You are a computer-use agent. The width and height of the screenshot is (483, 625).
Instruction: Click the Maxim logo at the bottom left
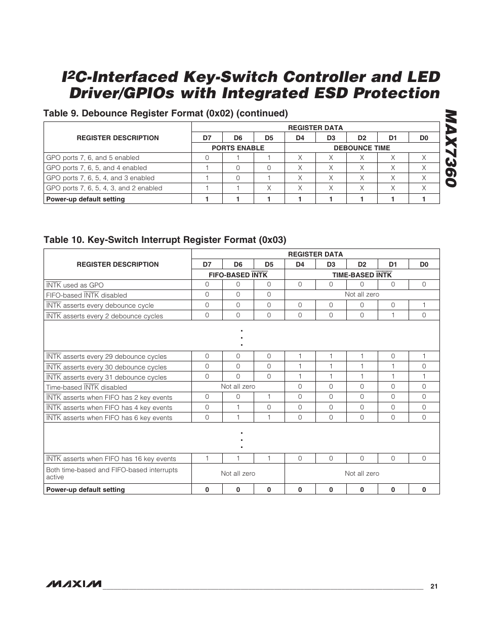pos(73,584)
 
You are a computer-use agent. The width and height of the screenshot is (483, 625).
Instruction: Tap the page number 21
pos(433,586)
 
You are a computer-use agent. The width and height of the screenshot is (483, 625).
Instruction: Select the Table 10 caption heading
pos(165,239)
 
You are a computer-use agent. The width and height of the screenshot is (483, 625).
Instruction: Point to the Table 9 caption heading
pos(166,113)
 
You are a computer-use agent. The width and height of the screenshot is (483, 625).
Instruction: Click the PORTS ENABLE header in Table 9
pos(238,148)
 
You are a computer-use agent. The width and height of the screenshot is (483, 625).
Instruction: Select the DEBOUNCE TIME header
pos(361,148)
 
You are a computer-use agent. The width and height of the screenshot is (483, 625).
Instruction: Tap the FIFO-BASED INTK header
pos(238,275)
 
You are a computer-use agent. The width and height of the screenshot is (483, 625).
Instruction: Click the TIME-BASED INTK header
pos(361,275)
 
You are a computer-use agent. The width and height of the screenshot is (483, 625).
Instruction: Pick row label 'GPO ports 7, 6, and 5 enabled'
pos(93,158)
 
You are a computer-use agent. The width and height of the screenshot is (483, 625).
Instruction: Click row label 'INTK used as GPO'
pos(75,285)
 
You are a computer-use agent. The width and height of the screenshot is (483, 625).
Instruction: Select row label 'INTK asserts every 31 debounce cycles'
pos(106,377)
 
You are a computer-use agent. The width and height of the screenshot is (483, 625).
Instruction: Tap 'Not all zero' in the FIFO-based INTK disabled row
pos(361,295)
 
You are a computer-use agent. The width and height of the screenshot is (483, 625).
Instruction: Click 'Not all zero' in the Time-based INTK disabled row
pos(238,387)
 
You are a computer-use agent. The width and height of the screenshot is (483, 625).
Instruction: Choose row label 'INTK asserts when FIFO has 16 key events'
pos(111,459)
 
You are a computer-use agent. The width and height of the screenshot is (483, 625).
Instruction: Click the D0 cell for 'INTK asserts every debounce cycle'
pos(424,305)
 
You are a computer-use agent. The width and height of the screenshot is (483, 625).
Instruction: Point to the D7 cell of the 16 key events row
pos(207,459)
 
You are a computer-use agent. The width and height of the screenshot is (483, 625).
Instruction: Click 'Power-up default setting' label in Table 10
pos(86,489)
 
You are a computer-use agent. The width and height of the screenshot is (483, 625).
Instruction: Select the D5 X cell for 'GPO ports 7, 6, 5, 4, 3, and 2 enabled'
pos(269,188)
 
